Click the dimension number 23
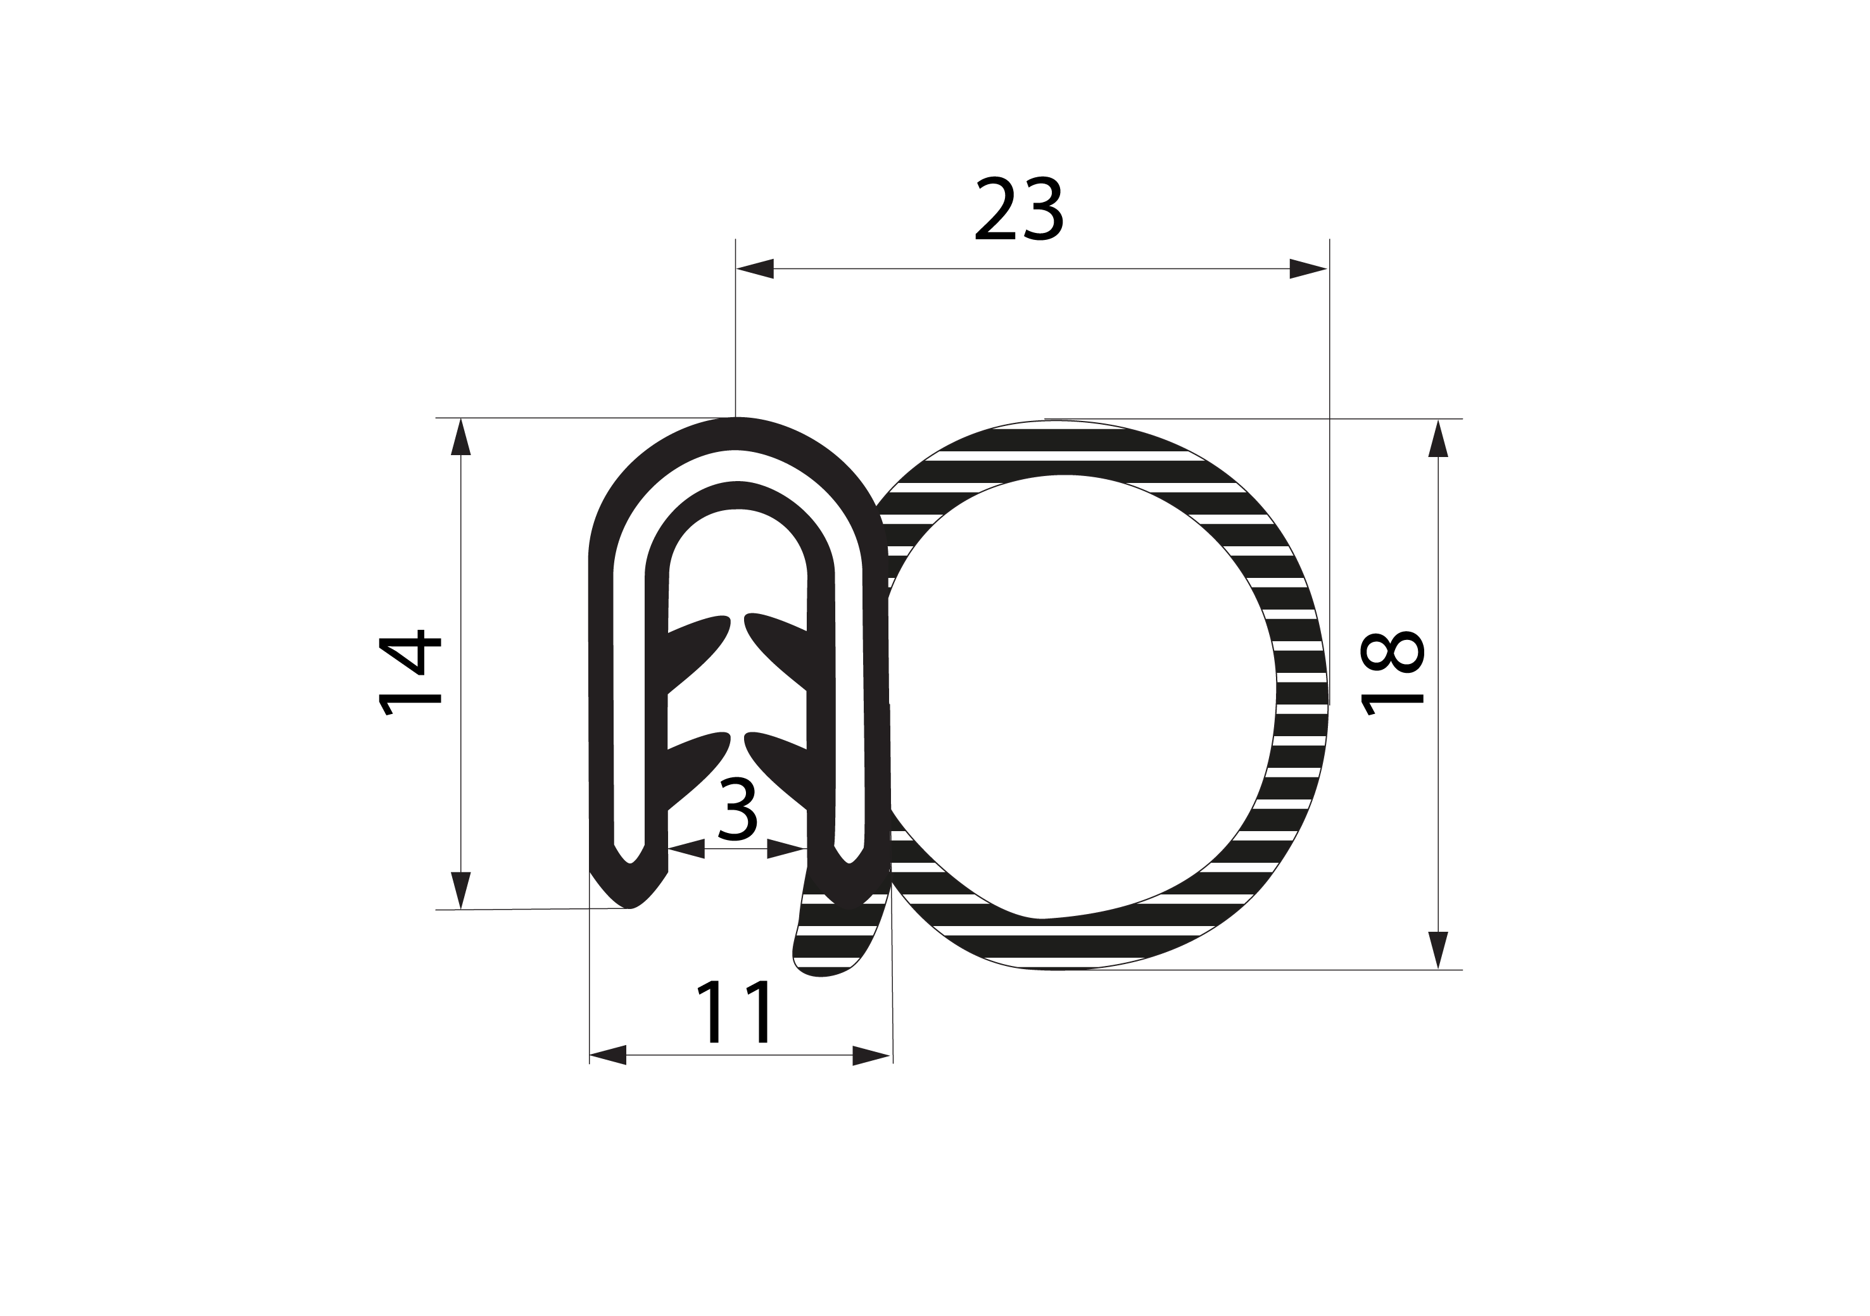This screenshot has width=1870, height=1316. [x=1019, y=210]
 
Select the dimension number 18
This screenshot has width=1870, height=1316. [x=1393, y=673]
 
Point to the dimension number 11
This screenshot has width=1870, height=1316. [x=733, y=1011]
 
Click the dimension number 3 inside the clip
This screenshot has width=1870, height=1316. [x=738, y=810]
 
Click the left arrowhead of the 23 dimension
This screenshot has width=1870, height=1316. [x=754, y=269]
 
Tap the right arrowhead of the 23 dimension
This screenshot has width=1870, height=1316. [x=1308, y=269]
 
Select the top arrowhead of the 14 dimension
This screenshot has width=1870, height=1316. [x=461, y=437]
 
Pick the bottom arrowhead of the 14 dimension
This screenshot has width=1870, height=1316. [x=461, y=890]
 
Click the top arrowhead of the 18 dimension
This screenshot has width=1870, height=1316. [x=1438, y=438]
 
